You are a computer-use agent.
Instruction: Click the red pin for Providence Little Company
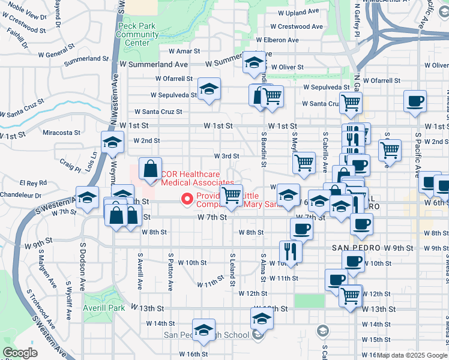coord(187,199)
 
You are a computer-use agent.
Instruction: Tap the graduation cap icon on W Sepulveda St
coord(209,89)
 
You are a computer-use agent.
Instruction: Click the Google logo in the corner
coord(20,353)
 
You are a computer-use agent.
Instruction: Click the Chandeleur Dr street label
coord(20,195)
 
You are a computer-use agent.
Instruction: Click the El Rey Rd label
coord(33,182)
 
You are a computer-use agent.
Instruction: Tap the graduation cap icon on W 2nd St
coord(112,143)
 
